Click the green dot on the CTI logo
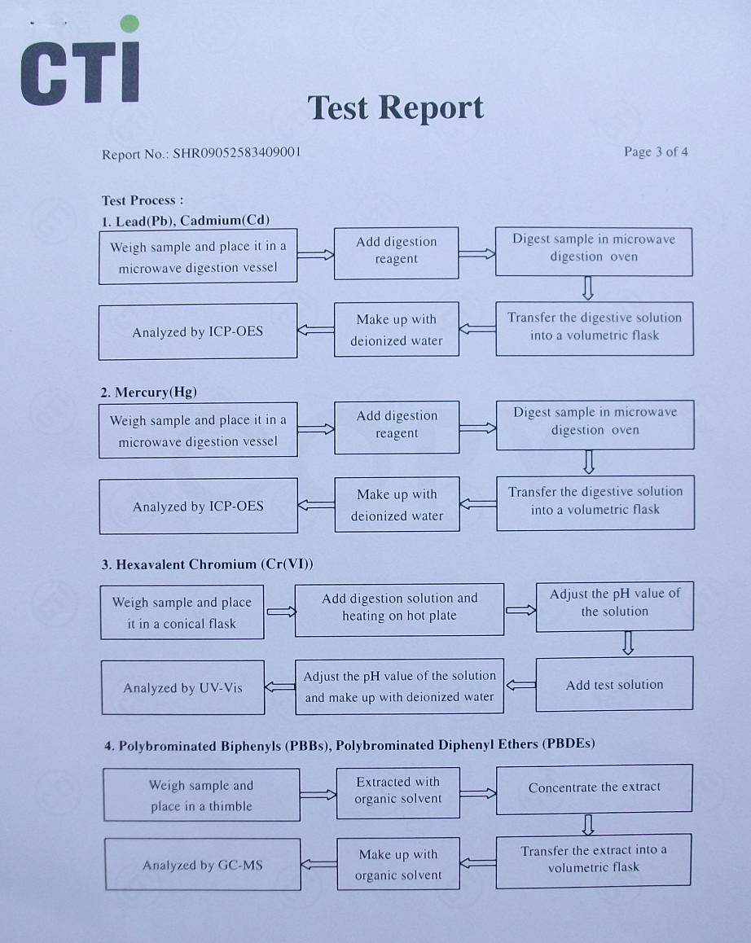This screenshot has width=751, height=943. [129, 24]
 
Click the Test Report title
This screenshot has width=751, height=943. [396, 107]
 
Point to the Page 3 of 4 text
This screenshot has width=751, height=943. [656, 151]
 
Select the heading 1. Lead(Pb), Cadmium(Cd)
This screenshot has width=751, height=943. [186, 221]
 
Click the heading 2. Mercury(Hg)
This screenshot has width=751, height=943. [148, 393]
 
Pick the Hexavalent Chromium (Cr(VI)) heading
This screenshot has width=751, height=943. [207, 564]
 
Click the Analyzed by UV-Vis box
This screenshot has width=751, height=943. [183, 688]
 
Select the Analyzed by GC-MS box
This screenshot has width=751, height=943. [203, 865]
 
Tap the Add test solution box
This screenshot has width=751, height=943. [614, 685]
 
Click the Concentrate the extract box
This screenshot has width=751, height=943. [594, 788]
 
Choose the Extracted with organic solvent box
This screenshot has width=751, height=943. [398, 792]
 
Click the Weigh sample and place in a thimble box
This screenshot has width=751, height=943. [201, 796]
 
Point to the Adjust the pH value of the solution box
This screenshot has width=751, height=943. [614, 603]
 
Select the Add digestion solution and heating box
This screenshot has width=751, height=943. [399, 607]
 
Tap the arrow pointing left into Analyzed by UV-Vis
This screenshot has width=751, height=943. [280, 686]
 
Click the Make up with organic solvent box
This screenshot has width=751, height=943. [398, 865]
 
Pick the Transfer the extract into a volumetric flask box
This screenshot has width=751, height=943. [594, 859]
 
